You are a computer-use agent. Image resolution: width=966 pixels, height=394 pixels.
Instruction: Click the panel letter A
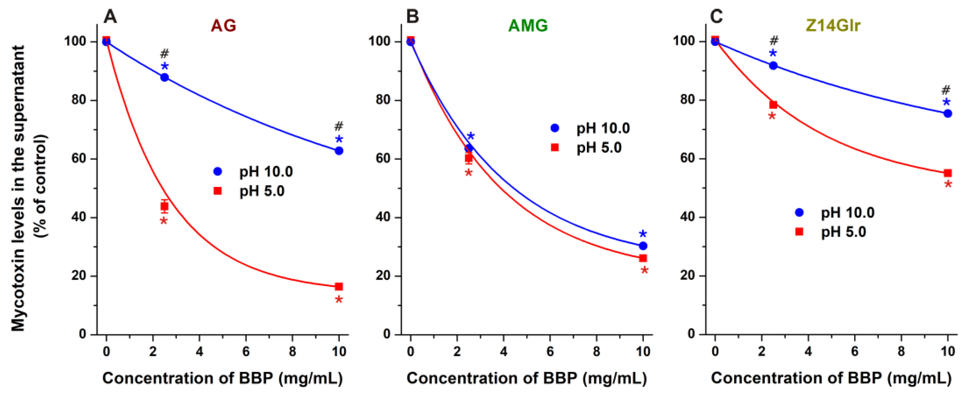[x=110, y=17]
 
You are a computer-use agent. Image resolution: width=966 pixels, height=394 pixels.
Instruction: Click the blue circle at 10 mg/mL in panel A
[x=339, y=151]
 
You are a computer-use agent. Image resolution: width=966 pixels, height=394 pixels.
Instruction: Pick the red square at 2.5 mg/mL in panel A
[x=164, y=206]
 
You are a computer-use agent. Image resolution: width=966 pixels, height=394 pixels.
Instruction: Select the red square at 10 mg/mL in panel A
[x=339, y=287]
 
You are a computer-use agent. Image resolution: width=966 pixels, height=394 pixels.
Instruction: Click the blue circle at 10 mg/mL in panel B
[x=643, y=246]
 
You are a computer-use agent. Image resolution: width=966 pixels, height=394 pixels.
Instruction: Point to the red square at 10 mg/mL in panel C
[x=947, y=173]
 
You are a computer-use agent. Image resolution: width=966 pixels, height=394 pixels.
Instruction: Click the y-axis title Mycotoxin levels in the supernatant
[x=18, y=187]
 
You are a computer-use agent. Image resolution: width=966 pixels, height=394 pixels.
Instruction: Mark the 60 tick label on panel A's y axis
[x=79, y=158]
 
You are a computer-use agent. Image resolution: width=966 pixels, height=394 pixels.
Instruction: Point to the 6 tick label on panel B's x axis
[x=550, y=352]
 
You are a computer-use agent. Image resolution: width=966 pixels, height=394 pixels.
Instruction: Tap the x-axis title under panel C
[x=831, y=378]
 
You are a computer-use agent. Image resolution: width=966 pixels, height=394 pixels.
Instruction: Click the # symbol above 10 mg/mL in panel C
[x=946, y=90]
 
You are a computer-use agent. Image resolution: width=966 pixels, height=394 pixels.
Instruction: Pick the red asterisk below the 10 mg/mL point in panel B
[x=644, y=270]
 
